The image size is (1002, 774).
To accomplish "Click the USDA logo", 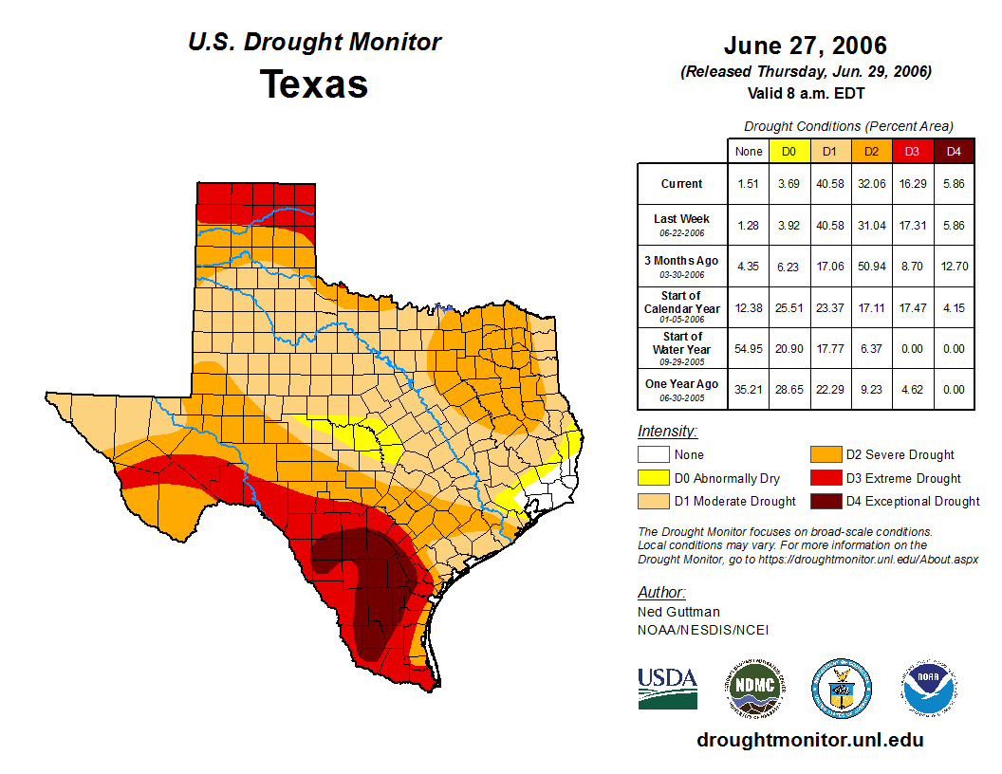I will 667,688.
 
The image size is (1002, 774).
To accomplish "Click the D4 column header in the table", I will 954,151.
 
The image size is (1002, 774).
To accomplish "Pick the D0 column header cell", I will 789,151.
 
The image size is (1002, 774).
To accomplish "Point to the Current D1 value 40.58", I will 829,184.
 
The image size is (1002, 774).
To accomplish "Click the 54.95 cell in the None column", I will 749,349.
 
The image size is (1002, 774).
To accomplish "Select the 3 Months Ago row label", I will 681,266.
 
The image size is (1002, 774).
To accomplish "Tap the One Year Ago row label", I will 681,389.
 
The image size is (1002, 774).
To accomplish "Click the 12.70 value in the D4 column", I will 954,267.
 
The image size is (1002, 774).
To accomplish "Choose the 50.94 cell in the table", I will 870,267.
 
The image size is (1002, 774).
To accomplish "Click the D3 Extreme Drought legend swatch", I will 824,478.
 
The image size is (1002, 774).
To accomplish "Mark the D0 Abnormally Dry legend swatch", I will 653,478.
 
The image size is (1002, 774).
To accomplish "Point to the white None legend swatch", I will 653,455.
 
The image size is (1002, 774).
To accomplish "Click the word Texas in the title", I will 314,83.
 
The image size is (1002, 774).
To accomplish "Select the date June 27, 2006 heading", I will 805,46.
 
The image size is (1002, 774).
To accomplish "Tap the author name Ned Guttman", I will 678,612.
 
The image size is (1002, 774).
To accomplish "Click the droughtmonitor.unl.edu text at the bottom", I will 809,740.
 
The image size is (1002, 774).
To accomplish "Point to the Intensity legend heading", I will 667,432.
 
